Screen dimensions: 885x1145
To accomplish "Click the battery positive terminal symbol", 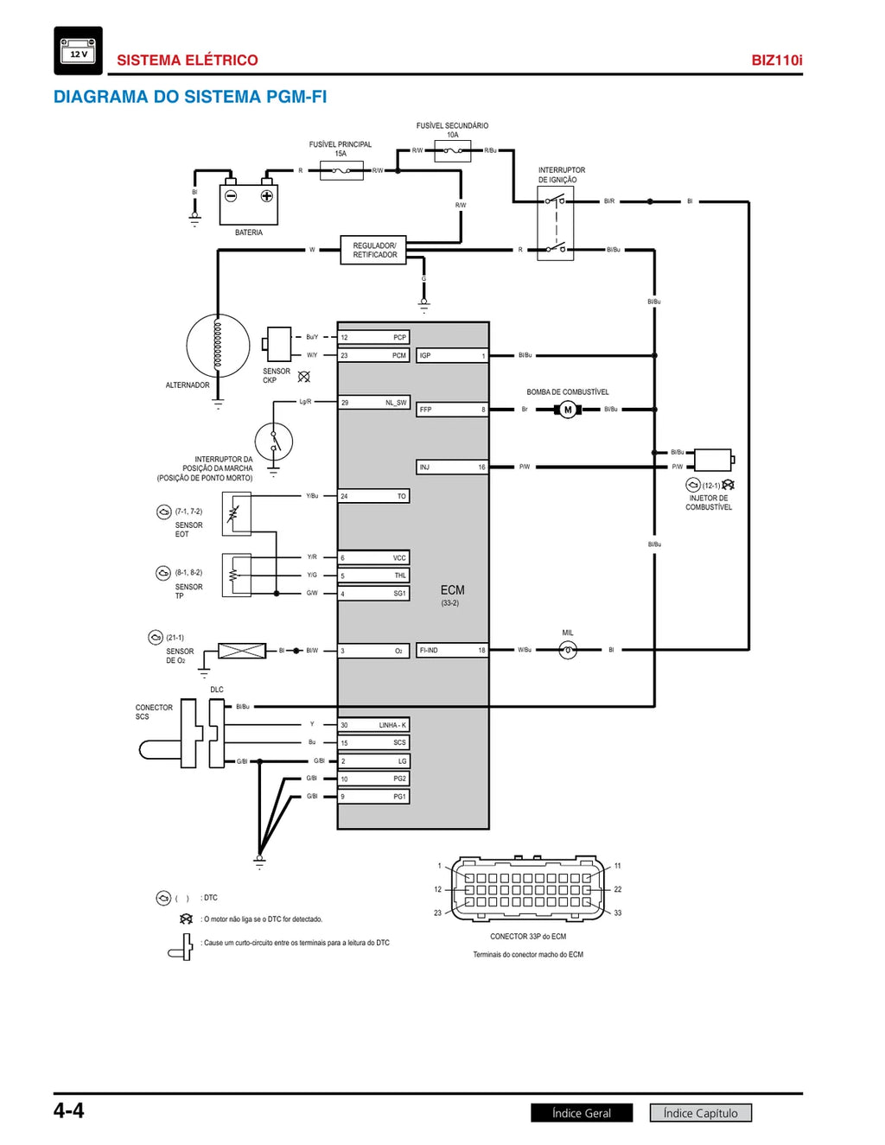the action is pos(267,196).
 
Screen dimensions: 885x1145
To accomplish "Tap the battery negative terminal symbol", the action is pos(231,196).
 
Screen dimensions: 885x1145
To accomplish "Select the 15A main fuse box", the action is pos(341,171).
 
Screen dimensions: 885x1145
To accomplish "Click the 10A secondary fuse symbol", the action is pos(453,150).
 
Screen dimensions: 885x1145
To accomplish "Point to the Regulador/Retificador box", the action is pos(373,250).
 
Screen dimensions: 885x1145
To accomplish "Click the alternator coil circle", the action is pos(218,346).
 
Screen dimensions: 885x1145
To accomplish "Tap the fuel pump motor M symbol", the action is pos(568,410).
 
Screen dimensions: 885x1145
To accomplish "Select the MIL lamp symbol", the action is pos(568,650).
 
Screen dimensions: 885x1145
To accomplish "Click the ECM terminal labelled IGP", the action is pos(452,356).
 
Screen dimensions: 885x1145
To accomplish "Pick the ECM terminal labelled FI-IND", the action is pos(452,650).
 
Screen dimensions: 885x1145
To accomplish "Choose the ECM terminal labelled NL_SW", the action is pos(373,403).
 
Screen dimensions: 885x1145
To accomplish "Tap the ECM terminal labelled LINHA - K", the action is pos(373,725).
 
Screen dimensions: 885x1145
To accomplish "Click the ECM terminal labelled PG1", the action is pos(373,797).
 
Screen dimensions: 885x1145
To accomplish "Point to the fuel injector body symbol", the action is pos(714,460).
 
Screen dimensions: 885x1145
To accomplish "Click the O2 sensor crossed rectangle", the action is pos(242,651).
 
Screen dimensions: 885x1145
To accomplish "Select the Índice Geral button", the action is pos(582,1113).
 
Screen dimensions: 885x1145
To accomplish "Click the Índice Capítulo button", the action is pos(701,1113).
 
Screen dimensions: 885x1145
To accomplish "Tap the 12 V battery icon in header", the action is pos(78,51).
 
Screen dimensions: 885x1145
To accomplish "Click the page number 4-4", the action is pos(69,1111).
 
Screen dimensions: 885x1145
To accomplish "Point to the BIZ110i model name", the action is pos(777,60).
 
